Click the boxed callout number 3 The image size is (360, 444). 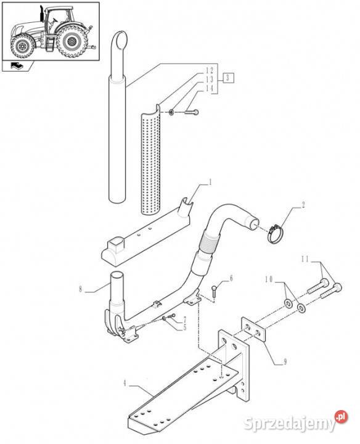tap(229, 78)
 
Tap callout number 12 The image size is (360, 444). tap(209, 70)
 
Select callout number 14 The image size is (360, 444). tap(209, 88)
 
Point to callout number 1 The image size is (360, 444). tap(210, 183)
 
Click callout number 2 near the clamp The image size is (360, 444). tap(303, 205)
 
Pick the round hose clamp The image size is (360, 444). tap(276, 234)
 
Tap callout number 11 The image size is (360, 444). tap(305, 259)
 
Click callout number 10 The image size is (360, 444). tap(269, 279)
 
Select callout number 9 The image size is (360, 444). tap(285, 361)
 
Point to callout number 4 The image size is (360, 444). tap(125, 384)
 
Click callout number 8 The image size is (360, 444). tap(80, 289)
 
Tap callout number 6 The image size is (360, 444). tap(231, 278)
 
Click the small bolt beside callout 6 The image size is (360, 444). tap(215, 291)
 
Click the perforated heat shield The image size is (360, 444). tap(150, 160)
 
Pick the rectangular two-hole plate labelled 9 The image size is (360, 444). tap(253, 329)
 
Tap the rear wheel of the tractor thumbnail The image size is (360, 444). tap(70, 41)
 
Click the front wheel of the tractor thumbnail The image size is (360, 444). tap(22, 46)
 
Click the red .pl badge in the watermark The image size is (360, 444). tap(341, 417)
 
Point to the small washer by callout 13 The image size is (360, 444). tap(171, 112)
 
